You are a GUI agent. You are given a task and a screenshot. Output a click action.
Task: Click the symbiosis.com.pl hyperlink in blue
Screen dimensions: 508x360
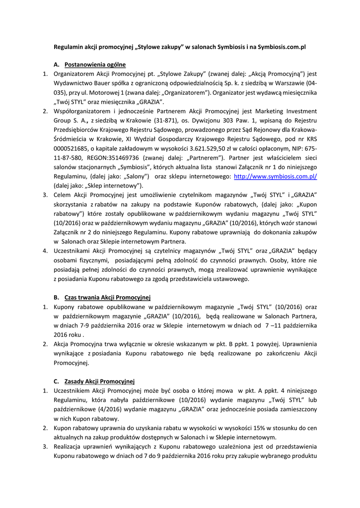pos(275,176)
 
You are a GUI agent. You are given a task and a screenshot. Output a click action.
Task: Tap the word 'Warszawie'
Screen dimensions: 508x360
pos(288,83)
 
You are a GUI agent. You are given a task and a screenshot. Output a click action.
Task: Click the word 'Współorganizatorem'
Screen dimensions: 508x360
pos(84,111)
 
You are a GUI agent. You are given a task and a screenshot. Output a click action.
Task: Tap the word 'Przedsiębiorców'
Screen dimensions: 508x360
pos(77,129)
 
